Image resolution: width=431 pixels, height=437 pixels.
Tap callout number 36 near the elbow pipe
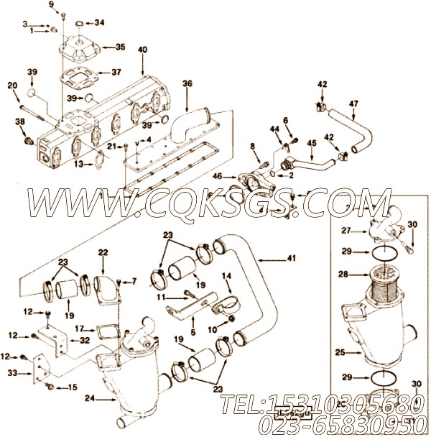(187, 83)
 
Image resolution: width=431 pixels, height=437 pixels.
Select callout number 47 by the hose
(353, 103)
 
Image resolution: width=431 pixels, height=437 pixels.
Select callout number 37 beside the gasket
(116, 72)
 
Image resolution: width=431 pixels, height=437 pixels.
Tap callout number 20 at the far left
(12, 86)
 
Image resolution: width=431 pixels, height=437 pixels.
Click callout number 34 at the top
(99, 22)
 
